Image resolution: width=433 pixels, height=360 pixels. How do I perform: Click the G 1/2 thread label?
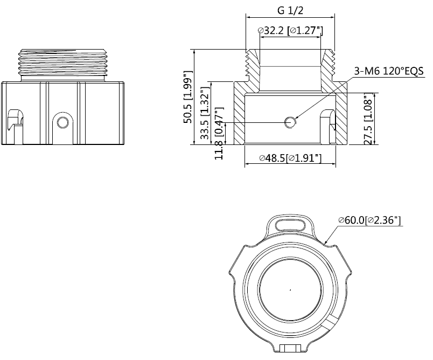click(291, 10)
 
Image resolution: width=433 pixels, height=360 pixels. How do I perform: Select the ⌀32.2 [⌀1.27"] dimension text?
click(290, 31)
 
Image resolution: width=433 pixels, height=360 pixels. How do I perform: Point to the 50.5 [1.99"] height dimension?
click(187, 97)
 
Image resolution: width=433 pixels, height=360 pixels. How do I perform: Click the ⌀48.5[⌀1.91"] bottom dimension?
click(290, 158)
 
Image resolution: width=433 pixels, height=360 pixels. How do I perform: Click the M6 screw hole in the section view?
click(291, 122)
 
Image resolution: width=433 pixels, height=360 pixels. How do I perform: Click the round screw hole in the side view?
click(62, 122)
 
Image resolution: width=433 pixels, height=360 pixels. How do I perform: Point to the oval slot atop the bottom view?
click(290, 222)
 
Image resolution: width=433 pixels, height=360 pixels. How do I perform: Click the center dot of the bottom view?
click(290, 289)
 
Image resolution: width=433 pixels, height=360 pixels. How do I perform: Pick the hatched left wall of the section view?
click(240, 116)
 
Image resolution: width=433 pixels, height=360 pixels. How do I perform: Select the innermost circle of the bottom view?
click(290, 289)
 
